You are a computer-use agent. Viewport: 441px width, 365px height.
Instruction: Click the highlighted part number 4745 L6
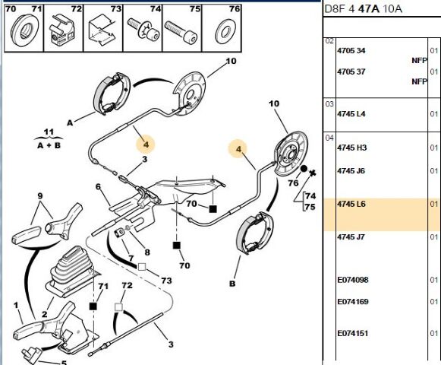351,204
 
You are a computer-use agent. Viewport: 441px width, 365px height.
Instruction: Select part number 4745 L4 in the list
351,114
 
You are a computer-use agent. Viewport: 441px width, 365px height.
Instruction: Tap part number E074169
353,302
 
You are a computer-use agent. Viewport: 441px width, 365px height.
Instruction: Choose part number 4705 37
351,71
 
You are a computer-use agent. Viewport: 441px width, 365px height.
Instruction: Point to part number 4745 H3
351,148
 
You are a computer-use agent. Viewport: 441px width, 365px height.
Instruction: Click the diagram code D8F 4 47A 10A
363,9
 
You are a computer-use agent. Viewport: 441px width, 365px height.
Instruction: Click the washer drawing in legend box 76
224,32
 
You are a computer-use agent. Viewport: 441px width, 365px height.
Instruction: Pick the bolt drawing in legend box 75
181,32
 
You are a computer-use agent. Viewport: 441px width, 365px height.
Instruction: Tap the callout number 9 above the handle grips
40,195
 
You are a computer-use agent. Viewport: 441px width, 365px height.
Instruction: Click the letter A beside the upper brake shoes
70,122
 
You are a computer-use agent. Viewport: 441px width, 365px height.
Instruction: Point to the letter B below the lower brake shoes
232,284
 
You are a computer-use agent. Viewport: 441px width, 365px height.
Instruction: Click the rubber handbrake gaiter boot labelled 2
70,271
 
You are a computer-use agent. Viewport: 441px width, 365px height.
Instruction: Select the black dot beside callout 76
304,169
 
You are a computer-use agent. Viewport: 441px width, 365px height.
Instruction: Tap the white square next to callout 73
142,267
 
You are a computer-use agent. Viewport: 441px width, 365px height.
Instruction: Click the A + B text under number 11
49,145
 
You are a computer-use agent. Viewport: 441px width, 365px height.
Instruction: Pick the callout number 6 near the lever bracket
98,186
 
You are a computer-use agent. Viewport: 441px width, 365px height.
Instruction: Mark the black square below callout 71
93,306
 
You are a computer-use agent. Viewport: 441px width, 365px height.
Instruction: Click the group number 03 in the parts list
329,104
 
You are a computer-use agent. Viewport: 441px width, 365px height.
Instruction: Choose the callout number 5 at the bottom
64,362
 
